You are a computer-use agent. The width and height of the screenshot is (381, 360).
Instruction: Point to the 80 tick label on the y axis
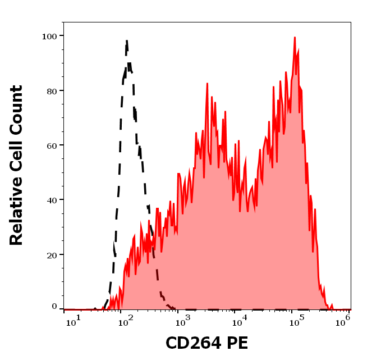pyautogui.click(x=51, y=90)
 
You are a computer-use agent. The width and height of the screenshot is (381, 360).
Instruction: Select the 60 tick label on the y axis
pyautogui.click(x=51, y=145)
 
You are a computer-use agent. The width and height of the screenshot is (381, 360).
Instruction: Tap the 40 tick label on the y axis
pyautogui.click(x=51, y=200)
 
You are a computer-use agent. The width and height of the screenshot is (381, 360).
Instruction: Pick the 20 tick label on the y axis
pyautogui.click(x=51, y=255)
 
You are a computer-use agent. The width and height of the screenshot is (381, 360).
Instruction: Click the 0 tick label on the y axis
pyautogui.click(x=54, y=307)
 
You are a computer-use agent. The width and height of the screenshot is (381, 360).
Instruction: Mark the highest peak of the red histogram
pyautogui.click(x=295, y=38)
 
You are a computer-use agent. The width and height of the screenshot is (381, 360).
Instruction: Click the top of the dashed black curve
pyautogui.click(x=127, y=40)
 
